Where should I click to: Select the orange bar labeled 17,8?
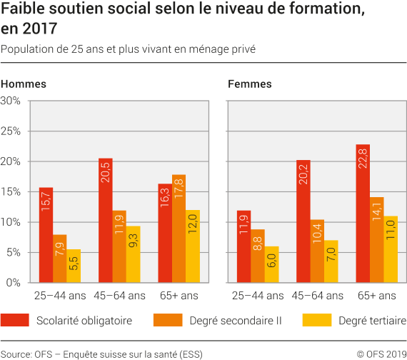[x=179, y=229]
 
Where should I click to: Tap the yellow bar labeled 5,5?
[x=73, y=266]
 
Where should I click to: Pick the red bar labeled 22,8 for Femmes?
[x=363, y=214]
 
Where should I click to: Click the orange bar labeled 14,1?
[x=376, y=239]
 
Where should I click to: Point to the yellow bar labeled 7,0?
[x=331, y=261]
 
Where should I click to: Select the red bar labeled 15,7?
[x=46, y=235]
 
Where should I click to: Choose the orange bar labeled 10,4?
[x=317, y=251]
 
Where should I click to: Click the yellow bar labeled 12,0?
[x=192, y=246]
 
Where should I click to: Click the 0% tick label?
[x=14, y=283]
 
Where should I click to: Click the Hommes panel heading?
[x=24, y=84]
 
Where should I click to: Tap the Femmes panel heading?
[x=249, y=84]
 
